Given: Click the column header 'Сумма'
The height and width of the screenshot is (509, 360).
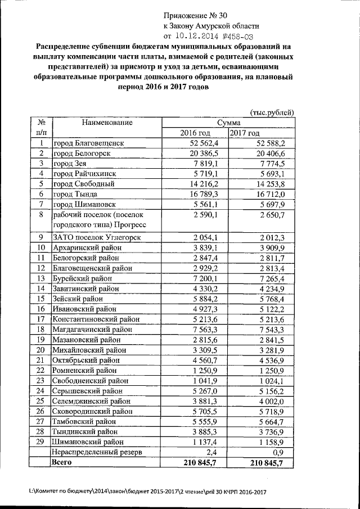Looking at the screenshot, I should click(x=228, y=123).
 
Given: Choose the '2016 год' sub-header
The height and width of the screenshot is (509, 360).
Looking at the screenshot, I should click(x=195, y=133).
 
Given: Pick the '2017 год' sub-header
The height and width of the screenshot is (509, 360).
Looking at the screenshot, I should click(x=245, y=133).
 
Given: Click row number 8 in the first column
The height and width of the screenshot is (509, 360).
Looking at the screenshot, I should click(x=41, y=215).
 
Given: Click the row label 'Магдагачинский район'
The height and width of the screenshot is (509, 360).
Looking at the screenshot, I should click(x=92, y=329).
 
